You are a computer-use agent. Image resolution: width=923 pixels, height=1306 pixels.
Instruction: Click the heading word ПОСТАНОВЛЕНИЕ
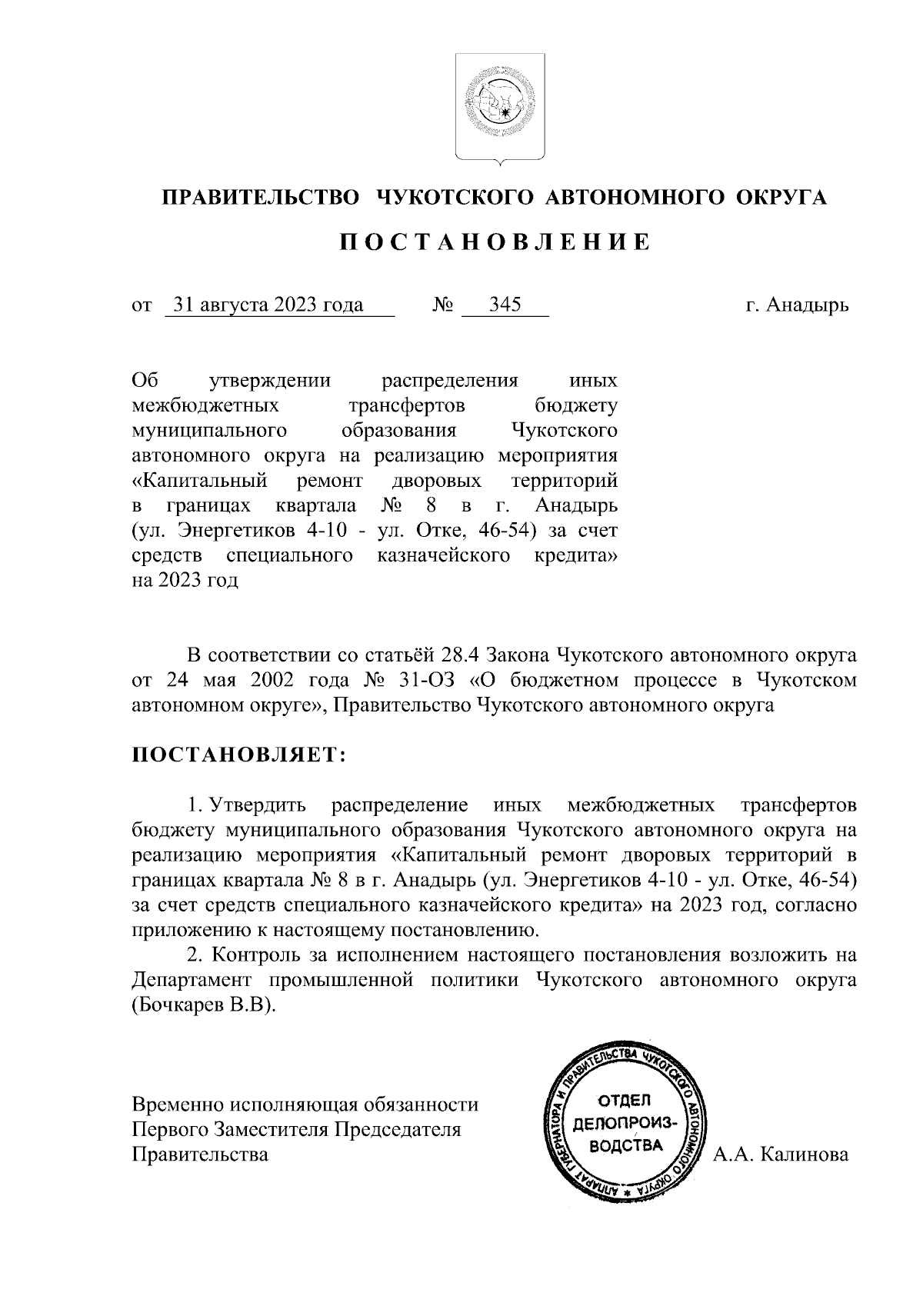495,243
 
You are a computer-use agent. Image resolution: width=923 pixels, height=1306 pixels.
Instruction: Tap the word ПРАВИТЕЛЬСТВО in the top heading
260,198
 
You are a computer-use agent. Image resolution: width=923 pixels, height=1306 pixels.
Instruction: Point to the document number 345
505,305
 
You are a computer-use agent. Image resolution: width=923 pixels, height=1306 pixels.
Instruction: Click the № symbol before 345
442,306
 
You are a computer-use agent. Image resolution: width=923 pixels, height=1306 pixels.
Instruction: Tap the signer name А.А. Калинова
781,1154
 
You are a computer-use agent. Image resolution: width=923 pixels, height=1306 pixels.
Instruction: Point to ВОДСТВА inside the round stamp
625,1146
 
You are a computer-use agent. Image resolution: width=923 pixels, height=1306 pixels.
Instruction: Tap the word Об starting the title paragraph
145,381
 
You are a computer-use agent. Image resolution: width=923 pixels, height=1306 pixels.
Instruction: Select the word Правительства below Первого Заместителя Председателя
201,1154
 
